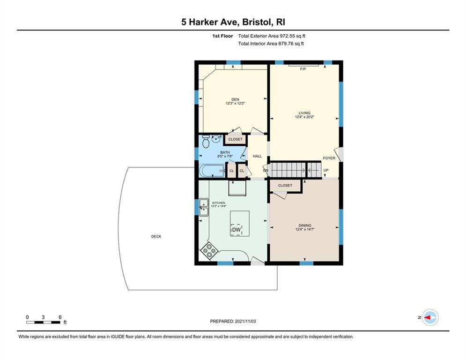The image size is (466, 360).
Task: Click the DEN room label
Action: [235, 99]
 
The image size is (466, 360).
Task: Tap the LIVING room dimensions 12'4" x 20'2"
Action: [304, 117]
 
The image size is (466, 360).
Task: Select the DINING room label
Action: [305, 225]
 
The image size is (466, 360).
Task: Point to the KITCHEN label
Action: [218, 203]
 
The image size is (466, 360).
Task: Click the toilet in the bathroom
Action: [206, 141]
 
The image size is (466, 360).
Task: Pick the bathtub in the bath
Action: [212, 171]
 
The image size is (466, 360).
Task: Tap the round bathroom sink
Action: [216, 138]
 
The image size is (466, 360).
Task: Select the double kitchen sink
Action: [204, 207]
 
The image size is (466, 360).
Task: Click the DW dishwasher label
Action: [237, 230]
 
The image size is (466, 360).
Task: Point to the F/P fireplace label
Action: [303, 69]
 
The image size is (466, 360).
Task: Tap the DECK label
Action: [156, 237]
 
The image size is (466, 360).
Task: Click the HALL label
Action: [258, 156]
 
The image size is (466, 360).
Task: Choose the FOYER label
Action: [329, 158]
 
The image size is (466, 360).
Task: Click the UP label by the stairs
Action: [326, 170]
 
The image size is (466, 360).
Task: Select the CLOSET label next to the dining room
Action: [285, 185]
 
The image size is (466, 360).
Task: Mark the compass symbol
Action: [430, 317]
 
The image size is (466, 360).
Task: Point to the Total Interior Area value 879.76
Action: [285, 44]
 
